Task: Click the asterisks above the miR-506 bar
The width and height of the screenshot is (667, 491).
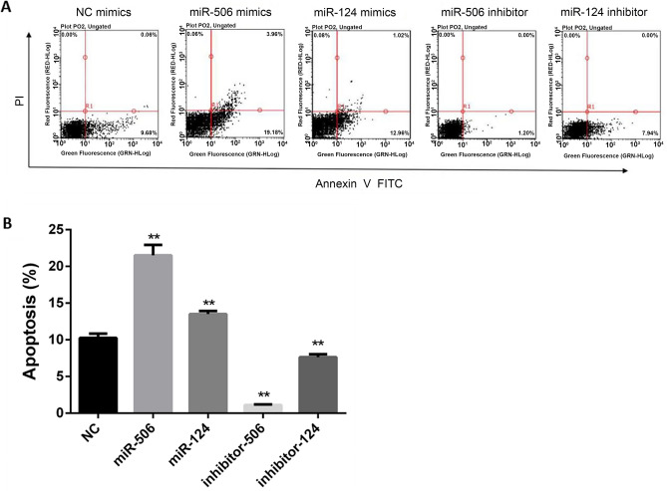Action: [x=154, y=237]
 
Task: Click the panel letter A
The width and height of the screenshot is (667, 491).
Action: [x=8, y=8]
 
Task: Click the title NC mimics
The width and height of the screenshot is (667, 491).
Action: [x=97, y=11]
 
